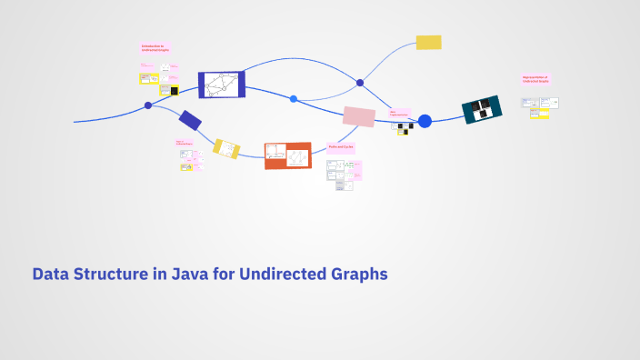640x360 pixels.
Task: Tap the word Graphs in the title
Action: (x=360, y=274)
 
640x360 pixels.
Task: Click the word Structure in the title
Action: (x=112, y=274)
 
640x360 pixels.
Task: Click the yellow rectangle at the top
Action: (x=428, y=42)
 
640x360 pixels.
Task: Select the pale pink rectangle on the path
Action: (x=358, y=116)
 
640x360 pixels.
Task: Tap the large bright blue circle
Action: (x=425, y=121)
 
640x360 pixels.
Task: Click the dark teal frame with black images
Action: (x=482, y=110)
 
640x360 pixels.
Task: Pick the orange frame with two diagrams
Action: (x=287, y=155)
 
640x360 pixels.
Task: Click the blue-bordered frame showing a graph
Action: (x=221, y=85)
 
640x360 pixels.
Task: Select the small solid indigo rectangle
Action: (x=190, y=120)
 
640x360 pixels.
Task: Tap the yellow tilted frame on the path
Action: (x=226, y=148)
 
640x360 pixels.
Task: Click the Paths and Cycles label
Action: (x=341, y=146)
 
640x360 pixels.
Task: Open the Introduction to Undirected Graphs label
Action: (x=155, y=48)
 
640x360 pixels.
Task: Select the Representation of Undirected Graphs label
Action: (x=535, y=80)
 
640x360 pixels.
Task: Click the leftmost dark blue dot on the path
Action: (x=148, y=105)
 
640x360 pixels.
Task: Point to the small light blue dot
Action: (x=294, y=98)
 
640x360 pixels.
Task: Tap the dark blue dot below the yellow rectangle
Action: (x=360, y=83)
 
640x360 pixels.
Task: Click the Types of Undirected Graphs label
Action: (x=185, y=143)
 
